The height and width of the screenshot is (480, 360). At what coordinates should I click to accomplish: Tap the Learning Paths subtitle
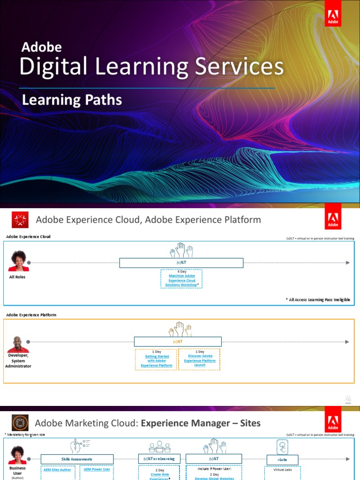point(72,100)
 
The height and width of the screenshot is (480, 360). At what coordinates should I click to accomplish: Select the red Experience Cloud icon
point(20,220)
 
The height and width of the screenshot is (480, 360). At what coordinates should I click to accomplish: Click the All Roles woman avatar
point(18,261)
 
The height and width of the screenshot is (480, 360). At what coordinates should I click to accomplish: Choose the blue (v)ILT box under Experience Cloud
point(181,263)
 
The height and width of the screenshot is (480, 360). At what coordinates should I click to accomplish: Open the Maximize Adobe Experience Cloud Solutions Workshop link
point(181,280)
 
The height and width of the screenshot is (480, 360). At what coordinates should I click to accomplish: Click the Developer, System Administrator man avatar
point(18,345)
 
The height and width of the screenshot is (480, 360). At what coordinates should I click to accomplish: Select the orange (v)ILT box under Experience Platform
point(178,342)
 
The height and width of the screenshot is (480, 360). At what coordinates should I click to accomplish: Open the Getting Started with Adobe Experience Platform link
point(157,361)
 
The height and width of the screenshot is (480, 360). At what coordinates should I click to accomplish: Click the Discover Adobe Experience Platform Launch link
point(200,360)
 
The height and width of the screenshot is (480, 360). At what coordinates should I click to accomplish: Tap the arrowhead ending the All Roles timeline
point(347,262)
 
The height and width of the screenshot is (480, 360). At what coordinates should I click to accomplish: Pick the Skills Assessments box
point(77,459)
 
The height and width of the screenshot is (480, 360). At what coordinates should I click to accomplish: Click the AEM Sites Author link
point(58,470)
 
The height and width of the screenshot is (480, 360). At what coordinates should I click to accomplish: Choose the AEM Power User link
point(97,469)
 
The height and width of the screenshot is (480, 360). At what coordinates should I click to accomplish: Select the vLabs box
point(282,459)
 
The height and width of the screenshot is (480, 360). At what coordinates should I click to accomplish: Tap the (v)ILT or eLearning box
point(159,458)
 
